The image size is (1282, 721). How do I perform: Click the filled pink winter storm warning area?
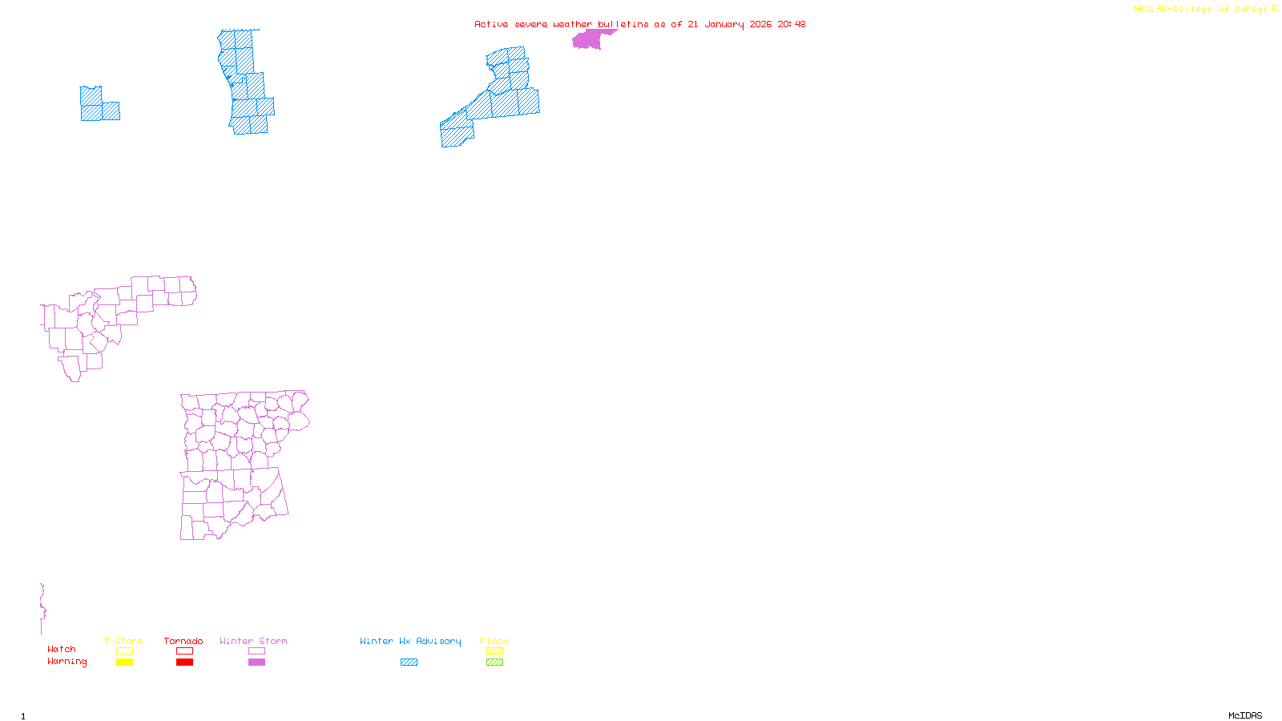[588, 40]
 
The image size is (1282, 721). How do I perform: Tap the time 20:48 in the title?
[791, 24]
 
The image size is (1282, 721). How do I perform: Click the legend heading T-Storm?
[123, 641]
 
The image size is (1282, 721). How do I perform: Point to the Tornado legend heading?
[183, 641]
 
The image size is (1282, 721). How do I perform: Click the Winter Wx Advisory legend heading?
[410, 641]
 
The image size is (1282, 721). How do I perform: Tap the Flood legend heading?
[494, 641]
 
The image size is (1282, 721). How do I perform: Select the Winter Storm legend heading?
[253, 641]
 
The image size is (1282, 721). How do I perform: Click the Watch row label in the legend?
[62, 649]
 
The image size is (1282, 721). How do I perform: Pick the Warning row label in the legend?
[67, 662]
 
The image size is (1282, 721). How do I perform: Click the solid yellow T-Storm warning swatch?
[124, 663]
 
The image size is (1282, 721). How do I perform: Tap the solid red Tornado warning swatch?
[184, 663]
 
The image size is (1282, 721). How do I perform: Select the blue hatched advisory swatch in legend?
[409, 663]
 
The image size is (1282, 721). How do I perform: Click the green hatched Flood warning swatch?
[494, 663]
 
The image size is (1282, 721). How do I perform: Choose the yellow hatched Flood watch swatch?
[494, 651]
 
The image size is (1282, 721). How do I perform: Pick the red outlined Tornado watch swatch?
[184, 651]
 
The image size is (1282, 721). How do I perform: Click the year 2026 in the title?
[760, 24]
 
